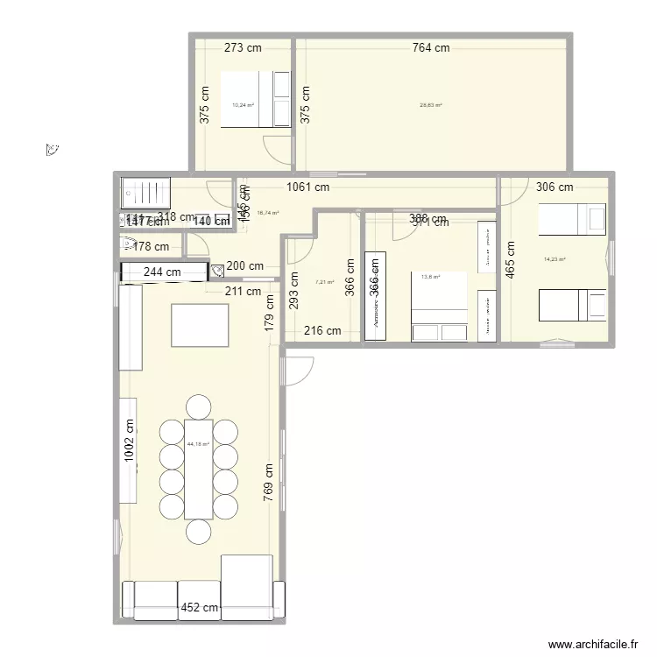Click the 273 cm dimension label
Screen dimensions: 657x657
click(x=243, y=48)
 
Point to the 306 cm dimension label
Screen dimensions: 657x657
click(x=554, y=187)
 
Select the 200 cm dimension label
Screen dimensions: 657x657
click(x=244, y=266)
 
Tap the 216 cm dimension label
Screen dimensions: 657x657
click(x=321, y=330)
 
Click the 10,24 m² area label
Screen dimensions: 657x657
click(x=243, y=105)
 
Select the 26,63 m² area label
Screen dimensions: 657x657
click(x=430, y=105)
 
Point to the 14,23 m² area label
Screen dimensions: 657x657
click(x=555, y=259)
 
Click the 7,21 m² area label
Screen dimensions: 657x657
click(x=324, y=283)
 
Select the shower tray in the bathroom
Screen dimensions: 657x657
click(x=145, y=190)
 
